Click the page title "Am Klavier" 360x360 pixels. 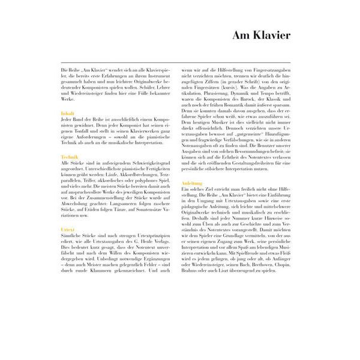click(262, 36)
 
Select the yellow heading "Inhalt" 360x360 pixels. click(67, 112)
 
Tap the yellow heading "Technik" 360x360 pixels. click(69, 157)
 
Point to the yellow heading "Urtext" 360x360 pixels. click(68, 230)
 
